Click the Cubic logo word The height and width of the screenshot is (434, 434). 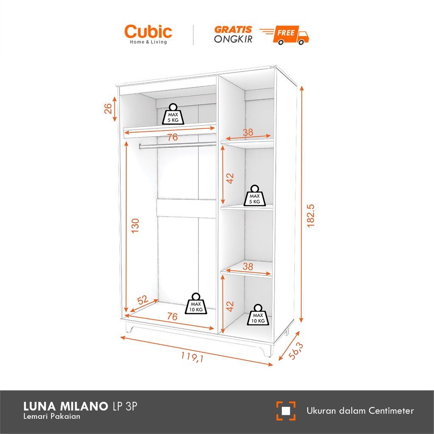[x=148, y=32]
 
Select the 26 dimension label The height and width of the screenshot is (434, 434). [x=108, y=109]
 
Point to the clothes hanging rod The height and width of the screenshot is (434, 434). [x=178, y=145]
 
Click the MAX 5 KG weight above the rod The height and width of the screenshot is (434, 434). [x=173, y=114]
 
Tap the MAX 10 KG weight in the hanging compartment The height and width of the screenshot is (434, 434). [x=196, y=304]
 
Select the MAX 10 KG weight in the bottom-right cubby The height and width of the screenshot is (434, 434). [x=257, y=315]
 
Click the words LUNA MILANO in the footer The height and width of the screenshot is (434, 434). [x=65, y=407]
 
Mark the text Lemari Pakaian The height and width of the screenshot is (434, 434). [x=52, y=417]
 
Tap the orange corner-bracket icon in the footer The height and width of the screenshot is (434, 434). [x=286, y=411]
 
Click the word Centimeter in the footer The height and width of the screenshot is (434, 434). [x=391, y=410]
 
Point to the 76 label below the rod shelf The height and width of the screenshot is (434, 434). [x=172, y=137]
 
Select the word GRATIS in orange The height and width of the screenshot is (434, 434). [x=233, y=30]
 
